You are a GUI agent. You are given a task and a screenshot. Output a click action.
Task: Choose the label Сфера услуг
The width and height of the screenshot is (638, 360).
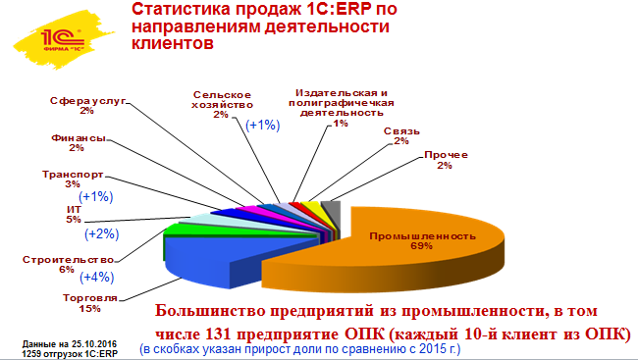pyautogui.click(x=87, y=102)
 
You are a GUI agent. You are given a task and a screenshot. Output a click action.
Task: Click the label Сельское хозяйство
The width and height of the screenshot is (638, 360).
pyautogui.click(x=222, y=97)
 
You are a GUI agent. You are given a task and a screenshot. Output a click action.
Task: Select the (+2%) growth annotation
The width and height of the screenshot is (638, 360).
pyautogui.click(x=101, y=233)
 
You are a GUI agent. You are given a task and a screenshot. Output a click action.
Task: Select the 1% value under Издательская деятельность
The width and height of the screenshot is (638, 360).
pyautogui.click(x=341, y=125)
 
